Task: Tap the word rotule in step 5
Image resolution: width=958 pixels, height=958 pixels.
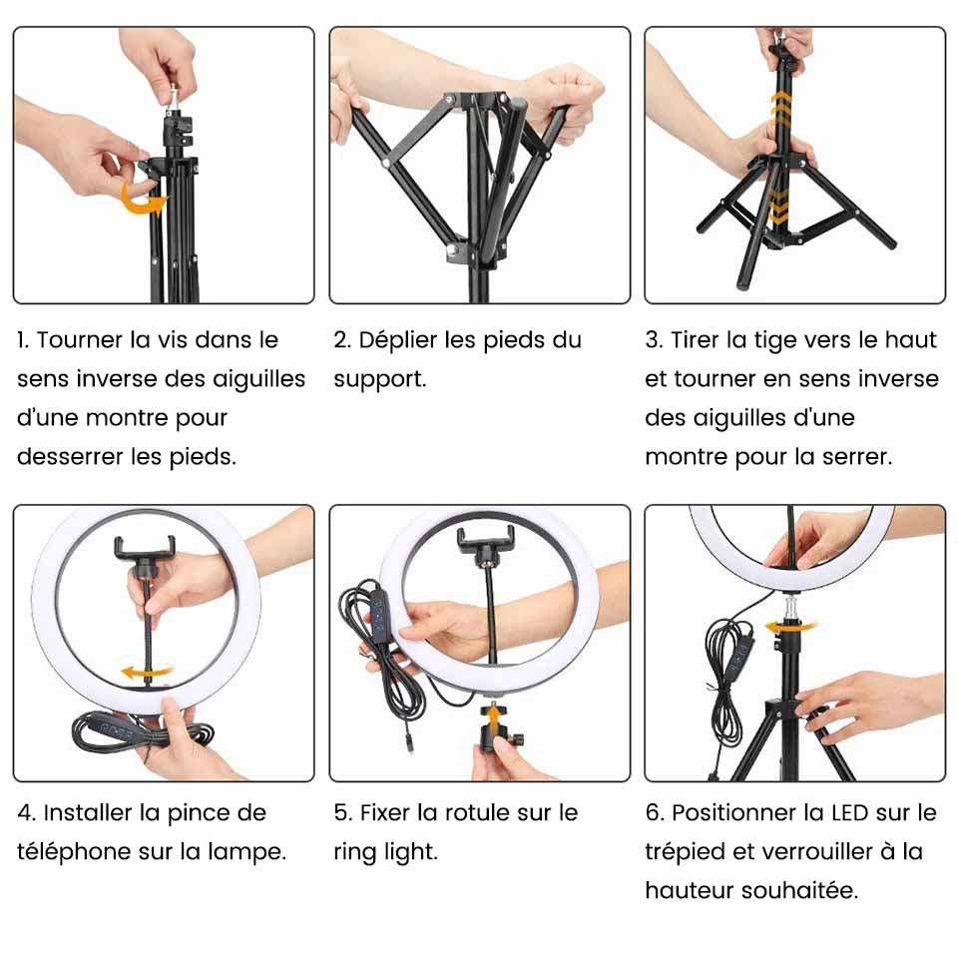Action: [x=477, y=812]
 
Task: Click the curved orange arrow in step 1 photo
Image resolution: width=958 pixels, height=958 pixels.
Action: [x=143, y=200]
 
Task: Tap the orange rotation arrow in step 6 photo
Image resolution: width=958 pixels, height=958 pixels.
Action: [x=789, y=627]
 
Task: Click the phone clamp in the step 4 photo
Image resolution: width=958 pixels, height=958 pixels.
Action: [x=145, y=553]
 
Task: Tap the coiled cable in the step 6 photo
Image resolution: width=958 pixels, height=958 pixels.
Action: [x=728, y=685]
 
